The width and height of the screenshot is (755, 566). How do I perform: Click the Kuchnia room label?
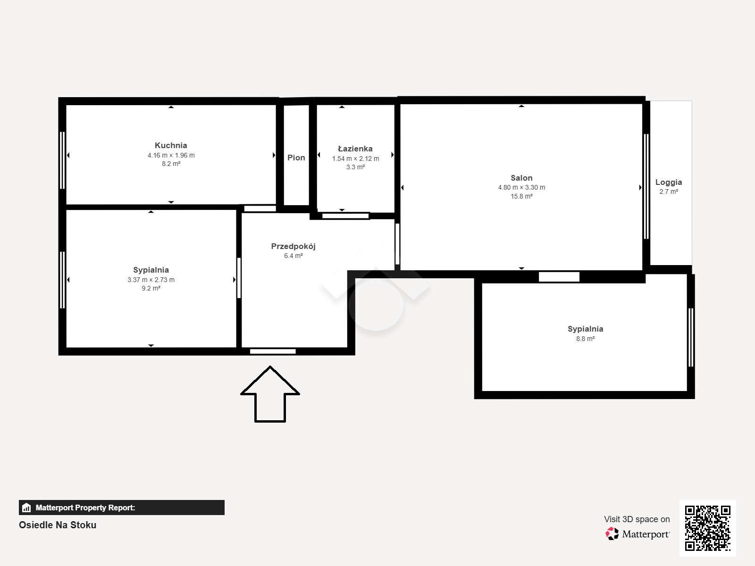tap(171, 145)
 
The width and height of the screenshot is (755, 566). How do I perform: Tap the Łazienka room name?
tap(355, 149)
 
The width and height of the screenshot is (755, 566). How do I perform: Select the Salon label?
tap(521, 178)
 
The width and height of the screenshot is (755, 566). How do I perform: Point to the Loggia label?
tap(668, 183)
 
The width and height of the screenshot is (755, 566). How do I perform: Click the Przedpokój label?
tap(293, 246)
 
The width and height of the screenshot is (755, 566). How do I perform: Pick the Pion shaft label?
tap(296, 158)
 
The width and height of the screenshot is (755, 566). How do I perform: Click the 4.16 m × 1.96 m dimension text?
tap(171, 155)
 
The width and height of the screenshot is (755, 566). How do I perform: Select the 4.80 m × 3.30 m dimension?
tap(521, 188)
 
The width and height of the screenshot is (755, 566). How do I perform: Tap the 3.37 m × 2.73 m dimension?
tap(151, 280)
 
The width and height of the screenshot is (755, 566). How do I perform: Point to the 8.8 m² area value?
tap(586, 339)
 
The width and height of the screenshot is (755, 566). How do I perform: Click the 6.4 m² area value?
tap(294, 256)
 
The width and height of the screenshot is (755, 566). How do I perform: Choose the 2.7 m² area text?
tap(669, 192)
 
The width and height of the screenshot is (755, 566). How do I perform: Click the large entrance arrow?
tap(270, 394)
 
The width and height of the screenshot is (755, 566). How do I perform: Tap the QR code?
tap(707, 528)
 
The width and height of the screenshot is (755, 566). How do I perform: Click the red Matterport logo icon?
tap(612, 534)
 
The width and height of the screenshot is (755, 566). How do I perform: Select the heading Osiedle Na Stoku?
tap(58, 525)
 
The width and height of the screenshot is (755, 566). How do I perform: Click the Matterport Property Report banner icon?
tap(26, 508)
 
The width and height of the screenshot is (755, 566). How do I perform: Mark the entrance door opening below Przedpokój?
tap(273, 351)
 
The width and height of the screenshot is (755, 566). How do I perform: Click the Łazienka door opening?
tap(345, 216)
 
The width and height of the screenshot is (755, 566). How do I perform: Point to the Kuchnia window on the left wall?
tap(62, 160)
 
